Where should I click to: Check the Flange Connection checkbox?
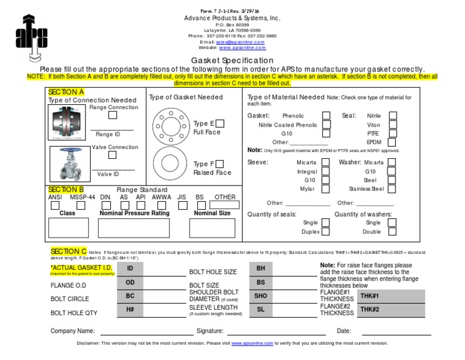tap(113, 115)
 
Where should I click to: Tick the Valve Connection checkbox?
tap(113, 155)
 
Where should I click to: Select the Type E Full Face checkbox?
tap(220, 124)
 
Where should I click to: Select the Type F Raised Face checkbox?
tap(219, 164)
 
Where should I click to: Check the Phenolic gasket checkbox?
tap(326, 115)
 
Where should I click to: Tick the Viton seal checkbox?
tap(393, 124)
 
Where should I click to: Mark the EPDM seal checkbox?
tap(393, 142)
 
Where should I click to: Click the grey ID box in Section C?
tap(130, 268)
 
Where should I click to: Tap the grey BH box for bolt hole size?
tap(261, 268)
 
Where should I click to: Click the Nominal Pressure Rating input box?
tap(142, 228)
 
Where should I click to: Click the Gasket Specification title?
tap(232, 61)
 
